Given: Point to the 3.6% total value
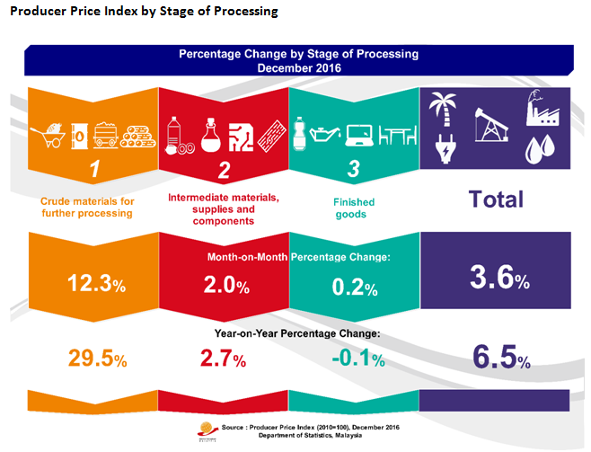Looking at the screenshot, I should [498, 279].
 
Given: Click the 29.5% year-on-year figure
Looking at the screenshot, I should [97, 359].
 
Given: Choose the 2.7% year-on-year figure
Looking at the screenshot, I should [221, 359].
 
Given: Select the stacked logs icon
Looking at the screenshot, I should [137, 136].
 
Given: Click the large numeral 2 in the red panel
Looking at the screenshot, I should [224, 169].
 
